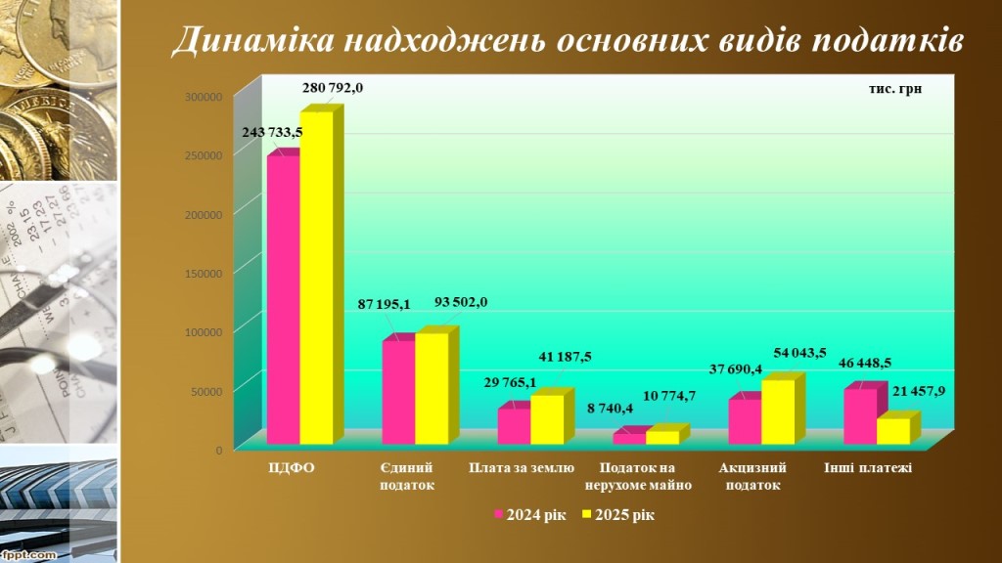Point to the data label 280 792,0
tap(333, 87)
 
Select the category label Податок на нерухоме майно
tap(638, 476)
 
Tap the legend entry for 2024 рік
tap(528, 514)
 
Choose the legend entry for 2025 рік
tap(618, 514)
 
